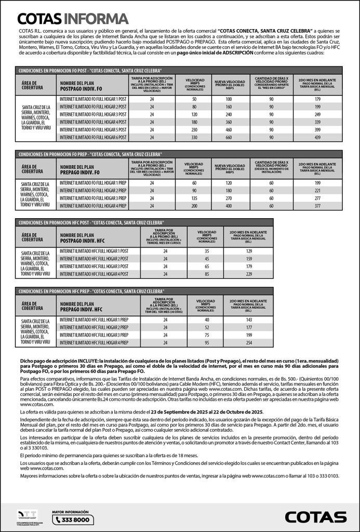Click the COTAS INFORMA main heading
73,19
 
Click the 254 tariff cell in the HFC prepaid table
248,343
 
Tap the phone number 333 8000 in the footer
75,520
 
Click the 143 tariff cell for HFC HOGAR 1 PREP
248,320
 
